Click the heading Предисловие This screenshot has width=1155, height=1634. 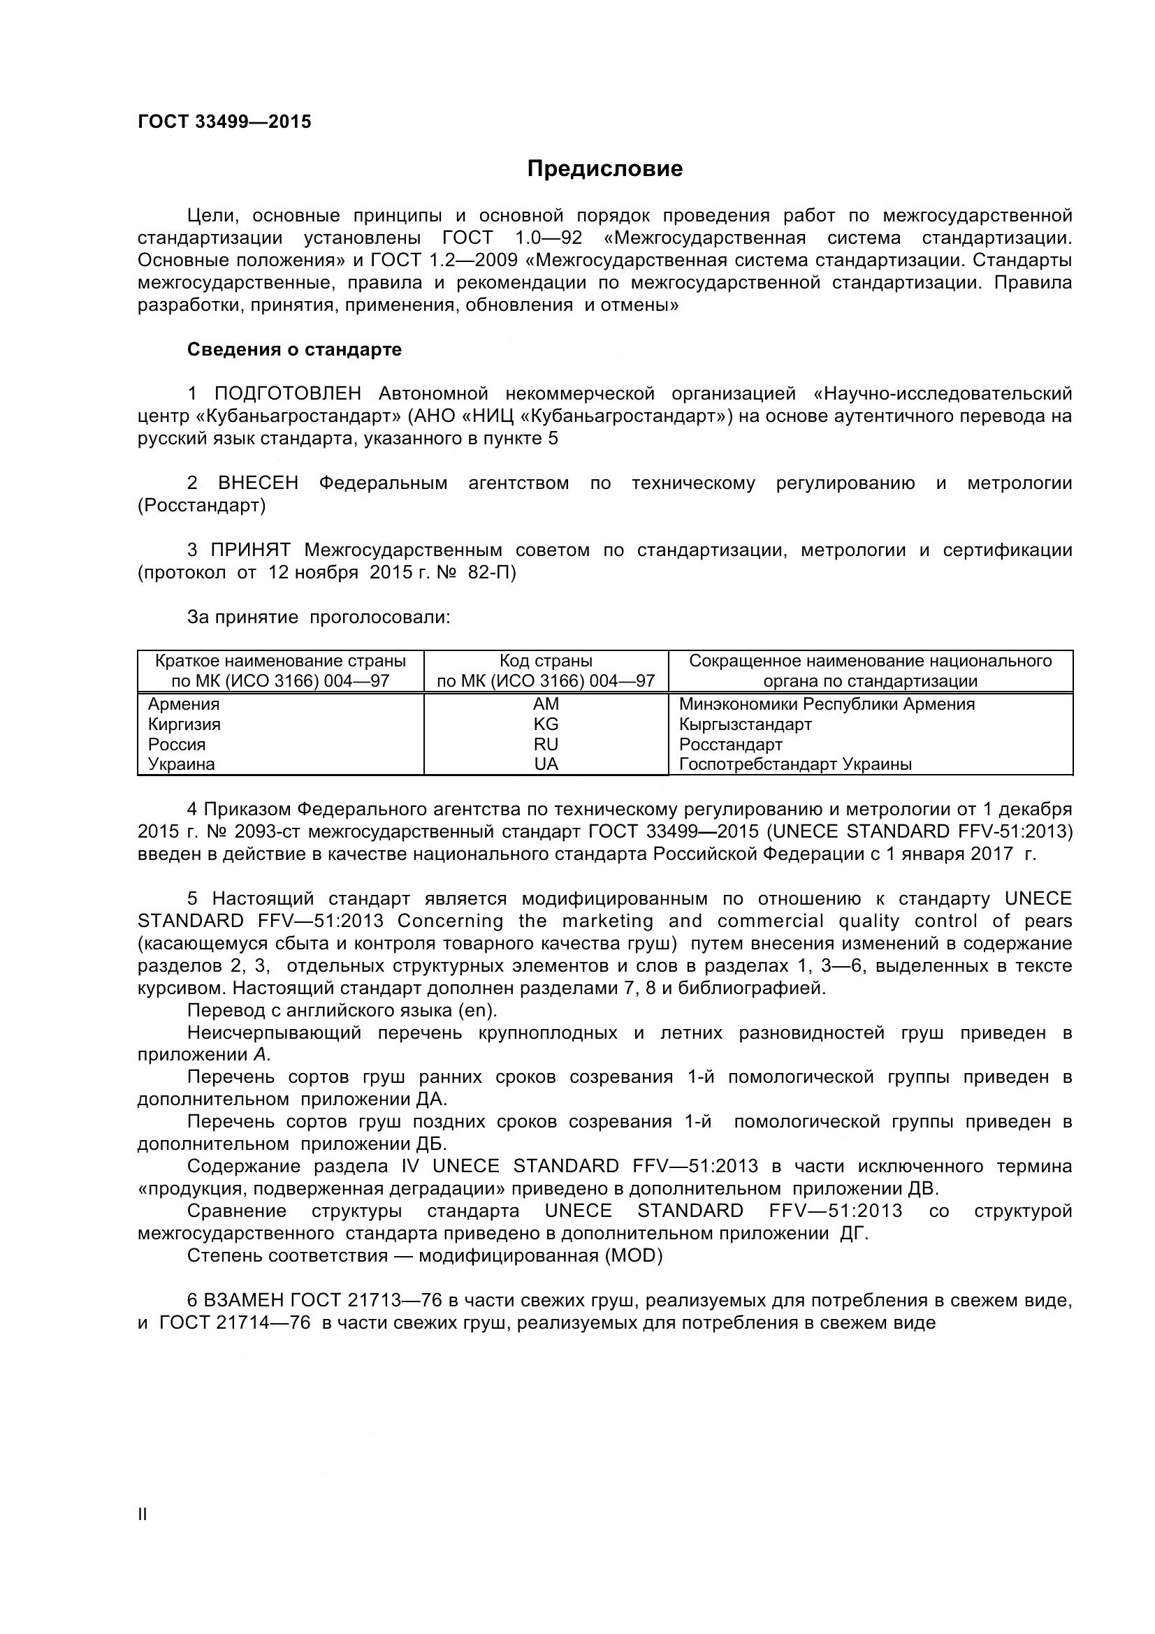click(x=604, y=168)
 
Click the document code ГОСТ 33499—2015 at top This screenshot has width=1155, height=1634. click(x=224, y=122)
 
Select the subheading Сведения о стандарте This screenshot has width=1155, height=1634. click(x=294, y=349)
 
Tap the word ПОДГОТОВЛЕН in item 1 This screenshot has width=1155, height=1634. click(x=287, y=393)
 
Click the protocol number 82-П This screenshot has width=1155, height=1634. click(x=492, y=572)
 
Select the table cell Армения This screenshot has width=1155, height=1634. click(x=184, y=704)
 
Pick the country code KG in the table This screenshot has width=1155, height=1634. click(x=546, y=724)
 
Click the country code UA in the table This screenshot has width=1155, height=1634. click(x=546, y=764)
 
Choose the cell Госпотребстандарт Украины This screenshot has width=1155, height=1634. click(x=795, y=764)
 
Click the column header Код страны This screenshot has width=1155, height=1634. click(x=546, y=661)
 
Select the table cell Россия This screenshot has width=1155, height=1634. click(x=177, y=745)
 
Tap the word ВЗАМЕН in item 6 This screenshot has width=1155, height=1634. click(x=244, y=1300)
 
